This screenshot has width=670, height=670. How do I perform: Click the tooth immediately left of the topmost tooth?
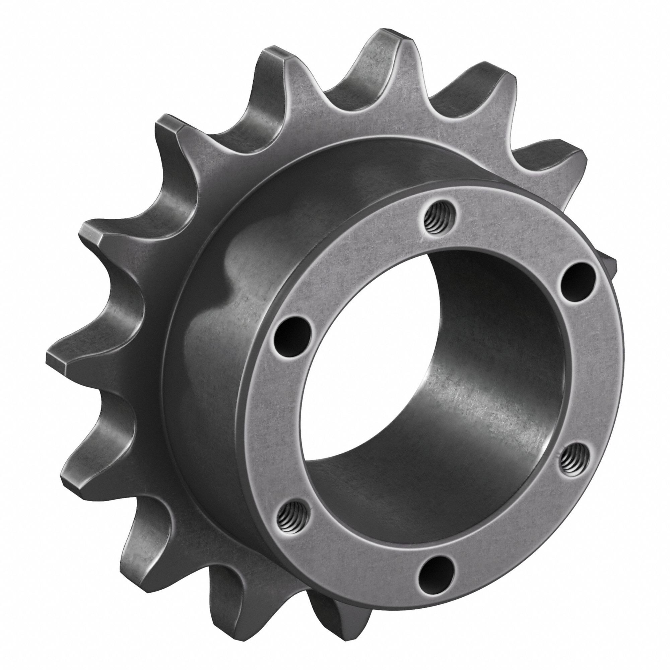pyautogui.click(x=274, y=56)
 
